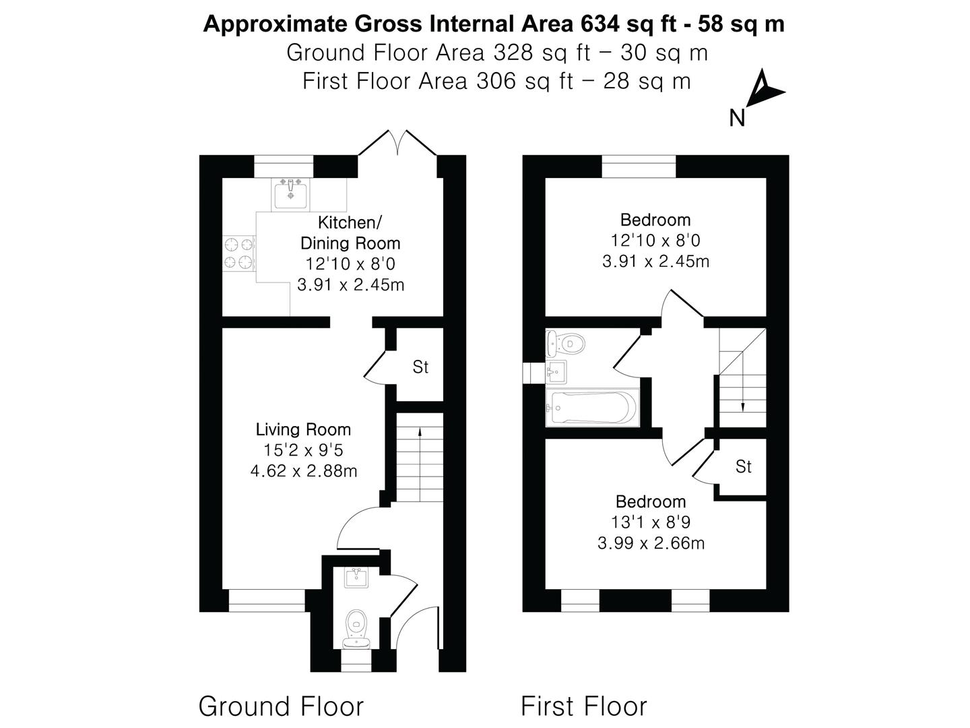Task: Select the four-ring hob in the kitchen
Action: (239, 253)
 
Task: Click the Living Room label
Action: (303, 429)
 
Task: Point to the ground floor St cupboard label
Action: (420, 367)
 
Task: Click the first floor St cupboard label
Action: (743, 466)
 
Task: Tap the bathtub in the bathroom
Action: (592, 407)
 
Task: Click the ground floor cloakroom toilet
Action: (356, 626)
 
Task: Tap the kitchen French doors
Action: (399, 144)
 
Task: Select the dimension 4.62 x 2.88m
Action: (303, 471)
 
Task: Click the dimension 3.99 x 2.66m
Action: (651, 543)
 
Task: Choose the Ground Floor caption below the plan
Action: (281, 706)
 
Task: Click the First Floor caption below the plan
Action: (583, 706)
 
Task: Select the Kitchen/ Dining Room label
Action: (350, 233)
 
